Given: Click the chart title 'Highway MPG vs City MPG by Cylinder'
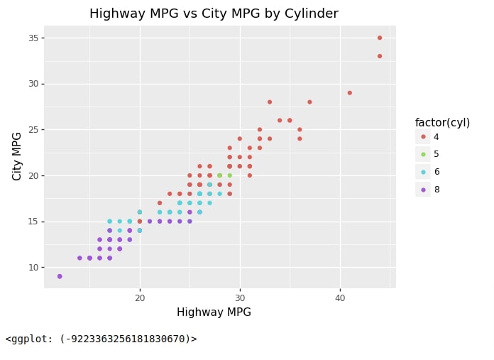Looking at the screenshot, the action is click(214, 13).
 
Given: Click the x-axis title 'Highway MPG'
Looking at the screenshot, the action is click(214, 312).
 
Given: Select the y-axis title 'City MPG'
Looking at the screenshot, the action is click(16, 157).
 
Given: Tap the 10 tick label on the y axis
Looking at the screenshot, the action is click(33, 267).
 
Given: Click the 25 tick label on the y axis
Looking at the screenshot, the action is click(33, 129).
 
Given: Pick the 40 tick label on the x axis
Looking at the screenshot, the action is click(340, 298).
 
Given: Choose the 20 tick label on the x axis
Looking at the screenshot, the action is click(140, 298).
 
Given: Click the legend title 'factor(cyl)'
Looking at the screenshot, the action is click(442, 122).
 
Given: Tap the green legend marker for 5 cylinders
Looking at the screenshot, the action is click(423, 154).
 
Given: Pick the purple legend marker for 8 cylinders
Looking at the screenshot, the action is click(423, 190).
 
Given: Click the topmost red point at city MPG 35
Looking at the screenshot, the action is click(380, 38).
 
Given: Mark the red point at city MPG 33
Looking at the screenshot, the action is click(380, 56).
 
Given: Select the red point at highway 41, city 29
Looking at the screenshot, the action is click(350, 93).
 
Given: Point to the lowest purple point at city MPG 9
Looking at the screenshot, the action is click(60, 276).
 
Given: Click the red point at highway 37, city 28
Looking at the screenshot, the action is click(309, 102).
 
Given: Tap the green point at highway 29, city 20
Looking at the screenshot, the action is click(230, 175).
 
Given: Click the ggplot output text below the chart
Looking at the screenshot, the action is click(101, 339).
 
